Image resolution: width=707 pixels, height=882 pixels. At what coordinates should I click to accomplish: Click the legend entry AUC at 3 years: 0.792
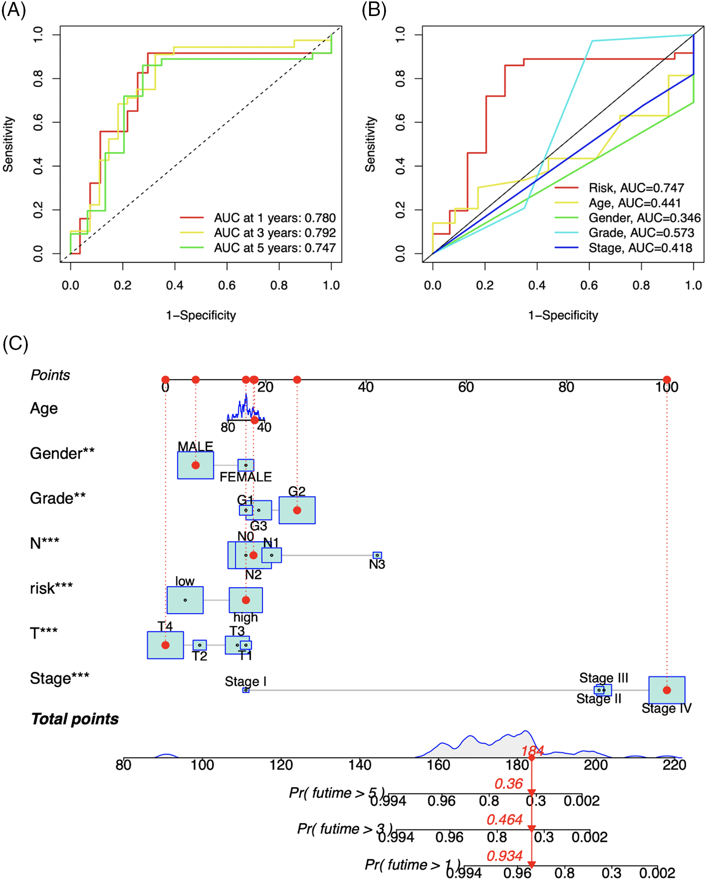[275, 233]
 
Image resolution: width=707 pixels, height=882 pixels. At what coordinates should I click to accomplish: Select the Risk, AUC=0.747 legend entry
[636, 188]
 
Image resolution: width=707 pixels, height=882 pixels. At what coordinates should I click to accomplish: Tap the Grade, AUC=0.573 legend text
[641, 233]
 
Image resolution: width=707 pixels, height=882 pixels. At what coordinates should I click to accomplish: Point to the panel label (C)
[15, 343]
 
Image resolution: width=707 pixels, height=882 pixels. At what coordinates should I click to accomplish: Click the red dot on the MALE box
[196, 465]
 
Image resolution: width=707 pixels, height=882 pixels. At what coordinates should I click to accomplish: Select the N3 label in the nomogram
[377, 564]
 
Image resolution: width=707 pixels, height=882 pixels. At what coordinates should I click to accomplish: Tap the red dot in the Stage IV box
[666, 690]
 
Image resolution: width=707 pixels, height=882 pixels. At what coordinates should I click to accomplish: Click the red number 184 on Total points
[533, 751]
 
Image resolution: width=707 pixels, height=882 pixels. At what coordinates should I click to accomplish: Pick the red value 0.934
[504, 856]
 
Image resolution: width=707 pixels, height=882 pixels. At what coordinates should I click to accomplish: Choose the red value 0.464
[504, 820]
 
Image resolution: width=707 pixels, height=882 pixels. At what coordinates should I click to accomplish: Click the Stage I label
[246, 681]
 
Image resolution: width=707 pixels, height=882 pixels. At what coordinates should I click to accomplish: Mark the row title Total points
[74, 719]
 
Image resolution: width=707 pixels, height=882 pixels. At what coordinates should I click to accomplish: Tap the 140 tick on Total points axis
[360, 765]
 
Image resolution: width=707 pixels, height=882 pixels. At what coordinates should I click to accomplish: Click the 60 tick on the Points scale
[466, 387]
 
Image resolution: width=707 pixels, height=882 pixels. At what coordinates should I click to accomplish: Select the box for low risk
[185, 600]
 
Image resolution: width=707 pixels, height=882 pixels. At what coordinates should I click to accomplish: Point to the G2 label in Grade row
[297, 491]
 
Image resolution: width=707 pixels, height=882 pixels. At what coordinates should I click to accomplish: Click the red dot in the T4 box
[165, 645]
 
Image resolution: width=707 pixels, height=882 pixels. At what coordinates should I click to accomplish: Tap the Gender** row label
[62, 453]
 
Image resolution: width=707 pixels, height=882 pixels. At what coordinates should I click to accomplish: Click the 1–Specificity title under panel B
[563, 315]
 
